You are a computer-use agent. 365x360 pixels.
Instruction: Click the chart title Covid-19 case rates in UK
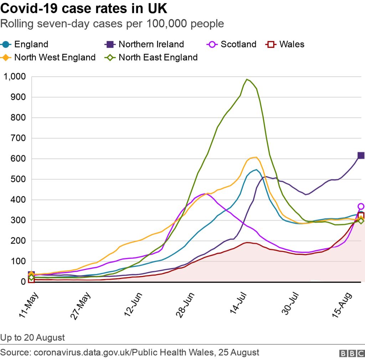[84, 9]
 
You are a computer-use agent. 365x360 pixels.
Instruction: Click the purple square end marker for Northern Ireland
[361, 155]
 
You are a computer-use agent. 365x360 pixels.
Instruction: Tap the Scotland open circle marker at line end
[361, 207]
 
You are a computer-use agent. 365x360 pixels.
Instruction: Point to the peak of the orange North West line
[255, 157]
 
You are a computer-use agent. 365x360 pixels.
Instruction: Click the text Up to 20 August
[32, 337]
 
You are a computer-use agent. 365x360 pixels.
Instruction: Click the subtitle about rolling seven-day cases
[112, 24]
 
